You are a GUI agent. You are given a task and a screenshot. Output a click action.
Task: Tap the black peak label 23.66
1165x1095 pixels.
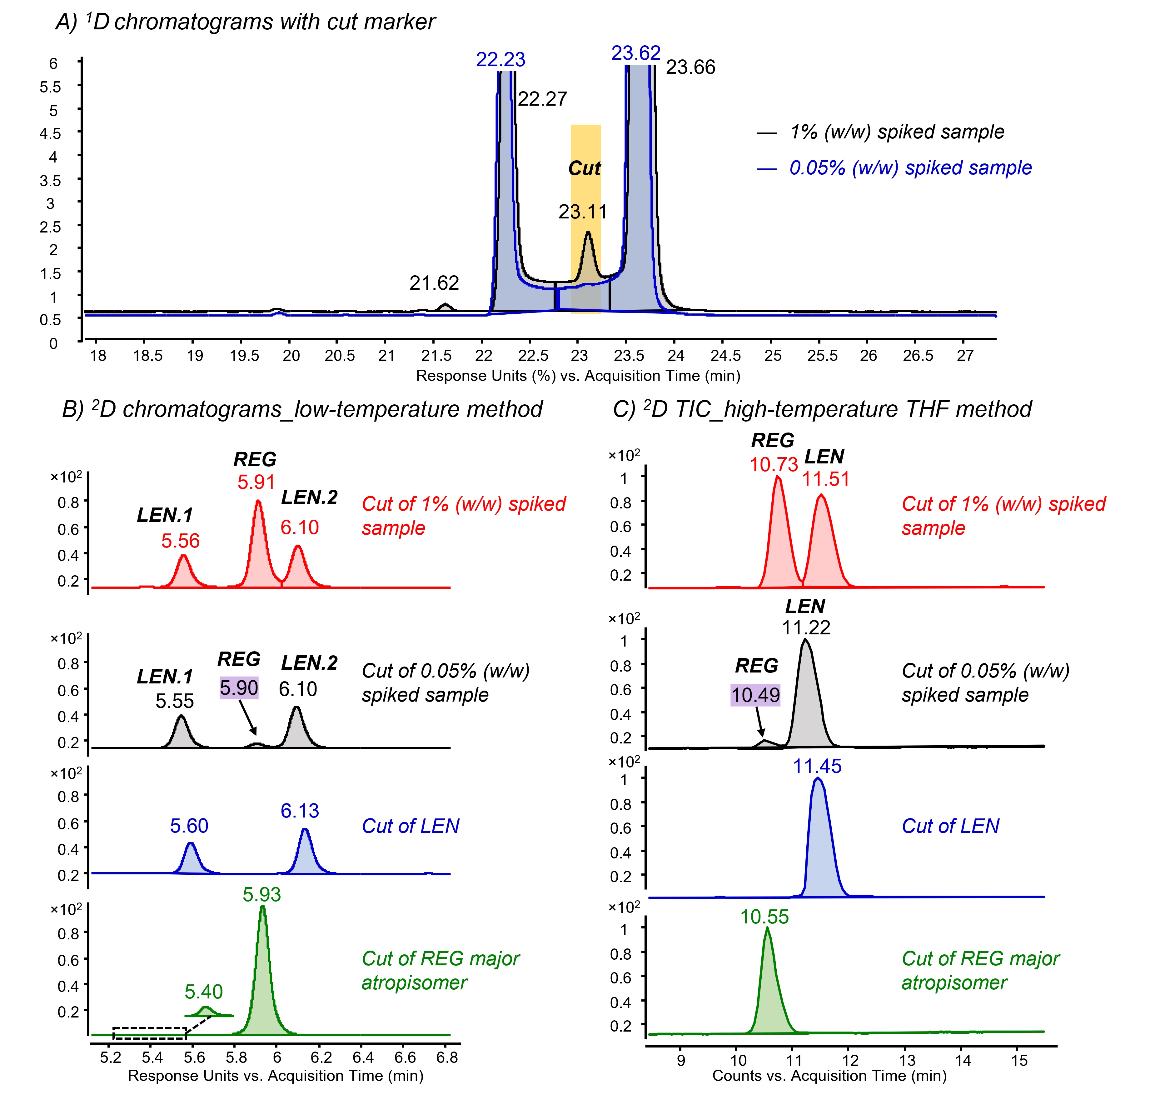coord(690,67)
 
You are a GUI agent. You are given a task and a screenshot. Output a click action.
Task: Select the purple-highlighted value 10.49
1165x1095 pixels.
coord(755,695)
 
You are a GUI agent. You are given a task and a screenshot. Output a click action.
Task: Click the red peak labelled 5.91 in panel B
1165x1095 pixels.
coord(258,545)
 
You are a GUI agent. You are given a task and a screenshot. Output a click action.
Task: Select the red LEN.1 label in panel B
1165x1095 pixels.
coord(165,515)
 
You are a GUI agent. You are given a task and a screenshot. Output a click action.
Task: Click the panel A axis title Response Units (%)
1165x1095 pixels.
coord(485,376)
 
